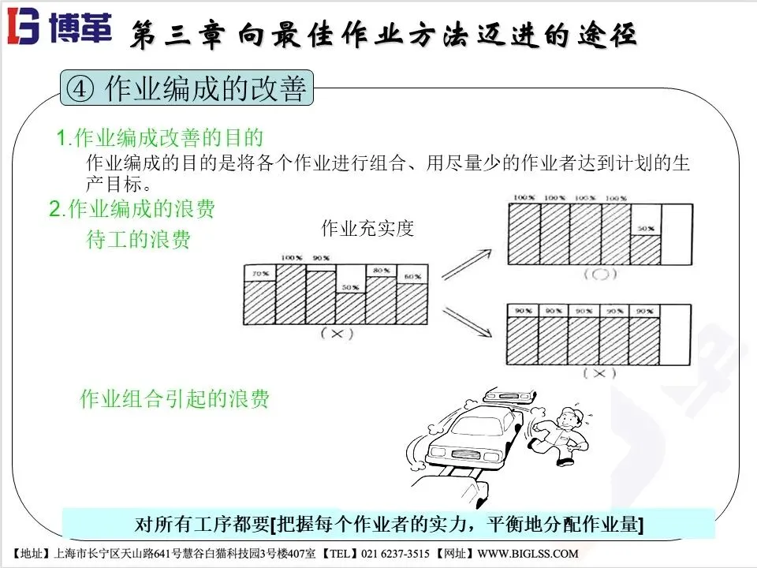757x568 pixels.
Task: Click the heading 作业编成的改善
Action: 205,89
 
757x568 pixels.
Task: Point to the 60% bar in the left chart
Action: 412,303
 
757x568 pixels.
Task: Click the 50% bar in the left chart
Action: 351,308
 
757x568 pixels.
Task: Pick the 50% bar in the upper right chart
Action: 646,248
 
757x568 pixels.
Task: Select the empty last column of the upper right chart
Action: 676,234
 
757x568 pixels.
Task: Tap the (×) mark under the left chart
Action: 336,333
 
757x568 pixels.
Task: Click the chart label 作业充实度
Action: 367,229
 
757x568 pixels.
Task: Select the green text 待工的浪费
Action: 138,240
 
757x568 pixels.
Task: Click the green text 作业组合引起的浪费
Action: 175,399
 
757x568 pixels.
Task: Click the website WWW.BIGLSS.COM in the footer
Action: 527,553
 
